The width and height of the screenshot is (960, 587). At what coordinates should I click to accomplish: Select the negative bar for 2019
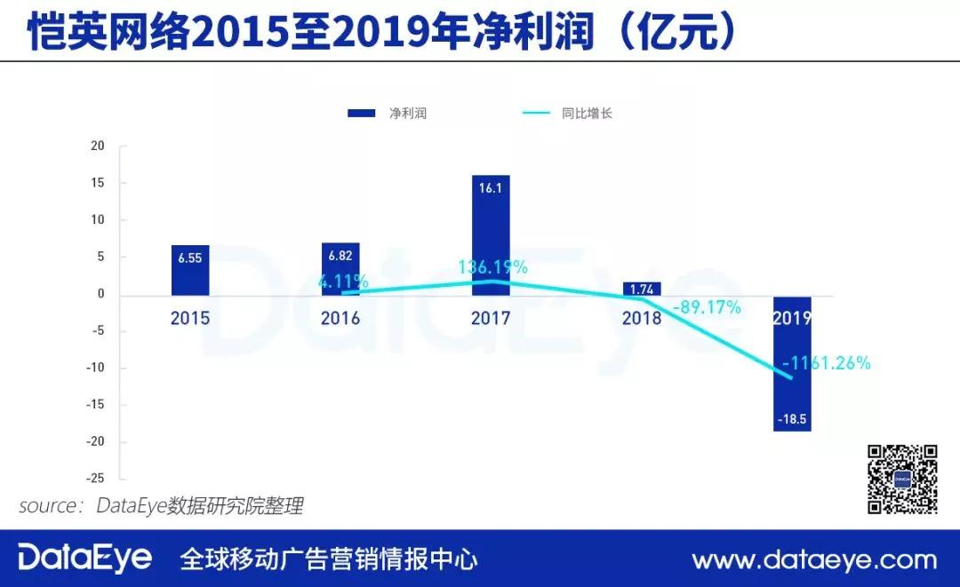click(x=791, y=364)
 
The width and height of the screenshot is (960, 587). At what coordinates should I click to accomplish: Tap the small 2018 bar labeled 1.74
click(x=642, y=289)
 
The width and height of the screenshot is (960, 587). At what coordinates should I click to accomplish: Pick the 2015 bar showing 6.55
click(x=190, y=270)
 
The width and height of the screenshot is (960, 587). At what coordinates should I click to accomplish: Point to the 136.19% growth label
click(x=492, y=266)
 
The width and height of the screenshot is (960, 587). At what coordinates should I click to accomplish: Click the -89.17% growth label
click(x=707, y=307)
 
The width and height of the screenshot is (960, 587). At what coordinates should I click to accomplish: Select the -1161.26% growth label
click(x=827, y=362)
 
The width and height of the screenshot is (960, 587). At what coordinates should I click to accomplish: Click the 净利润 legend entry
click(x=388, y=114)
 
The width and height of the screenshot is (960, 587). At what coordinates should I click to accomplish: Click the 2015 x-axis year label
click(x=190, y=318)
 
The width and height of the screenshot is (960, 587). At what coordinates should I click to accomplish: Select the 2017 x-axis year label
click(x=492, y=318)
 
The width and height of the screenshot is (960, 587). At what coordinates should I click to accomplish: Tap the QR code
click(x=902, y=479)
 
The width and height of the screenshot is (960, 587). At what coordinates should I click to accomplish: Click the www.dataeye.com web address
click(x=814, y=559)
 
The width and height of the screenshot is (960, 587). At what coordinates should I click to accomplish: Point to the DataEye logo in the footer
click(x=85, y=559)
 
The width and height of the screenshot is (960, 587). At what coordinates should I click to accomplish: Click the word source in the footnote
click(x=50, y=506)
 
